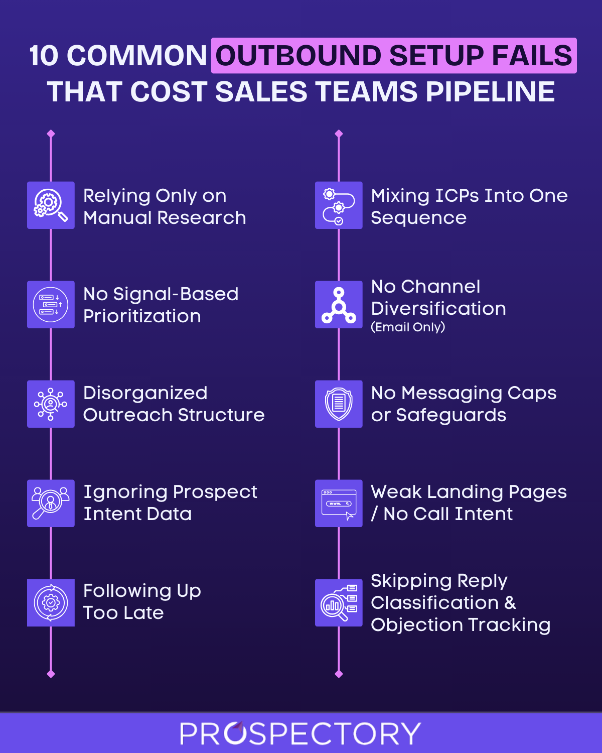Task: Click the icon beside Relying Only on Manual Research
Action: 51,205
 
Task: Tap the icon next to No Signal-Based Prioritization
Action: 51,305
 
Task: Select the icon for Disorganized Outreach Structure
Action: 51,404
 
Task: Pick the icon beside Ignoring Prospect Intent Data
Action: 51,504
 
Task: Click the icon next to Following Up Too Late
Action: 51,603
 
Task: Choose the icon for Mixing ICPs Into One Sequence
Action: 339,205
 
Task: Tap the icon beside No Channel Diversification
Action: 339,305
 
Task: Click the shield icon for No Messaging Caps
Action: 339,404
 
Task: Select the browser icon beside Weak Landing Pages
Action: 339,504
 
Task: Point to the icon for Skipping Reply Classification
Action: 339,603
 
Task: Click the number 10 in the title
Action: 44,55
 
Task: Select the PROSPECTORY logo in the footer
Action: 300,733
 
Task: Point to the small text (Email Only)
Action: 408,327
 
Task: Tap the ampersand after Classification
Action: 510,603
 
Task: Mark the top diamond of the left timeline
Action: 51,134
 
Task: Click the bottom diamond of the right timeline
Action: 339,674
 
